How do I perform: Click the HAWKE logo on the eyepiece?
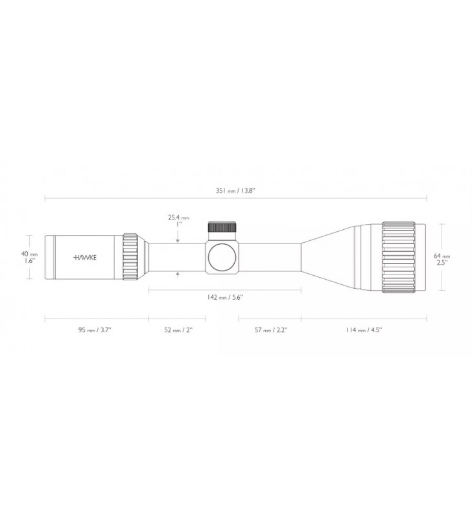85,257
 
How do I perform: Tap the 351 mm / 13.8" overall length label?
236,190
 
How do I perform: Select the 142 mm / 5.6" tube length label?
225,297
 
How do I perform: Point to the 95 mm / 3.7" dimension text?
95,330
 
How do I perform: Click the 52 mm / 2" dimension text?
178,330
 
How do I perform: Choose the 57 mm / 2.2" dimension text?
271,330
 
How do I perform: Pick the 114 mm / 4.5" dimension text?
364,330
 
